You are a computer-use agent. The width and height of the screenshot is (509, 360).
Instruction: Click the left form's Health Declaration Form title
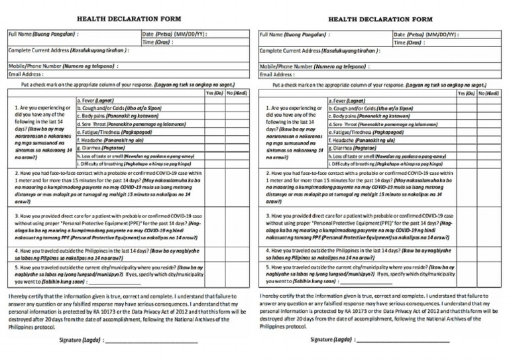[x=129, y=19]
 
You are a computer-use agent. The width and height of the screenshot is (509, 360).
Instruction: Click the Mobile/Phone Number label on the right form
[x=314, y=66]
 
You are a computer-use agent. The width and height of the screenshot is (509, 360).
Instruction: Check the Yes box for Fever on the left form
[x=214, y=101]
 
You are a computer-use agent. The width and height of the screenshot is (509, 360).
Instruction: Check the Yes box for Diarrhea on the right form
[x=466, y=149]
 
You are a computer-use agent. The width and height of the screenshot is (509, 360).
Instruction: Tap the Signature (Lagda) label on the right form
[x=331, y=339]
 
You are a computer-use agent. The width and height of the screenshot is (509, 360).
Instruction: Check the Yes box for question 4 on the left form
[x=214, y=254]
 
